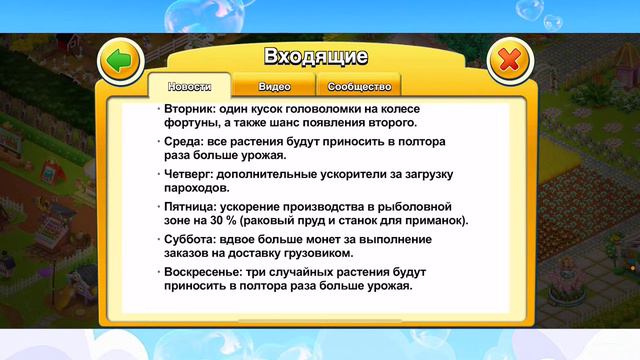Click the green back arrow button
coord(121,61)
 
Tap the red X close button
coord(509,61)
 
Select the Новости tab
coord(189,86)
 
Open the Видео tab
coord(273,86)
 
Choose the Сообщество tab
coord(358,86)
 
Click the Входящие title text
coord(315,55)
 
